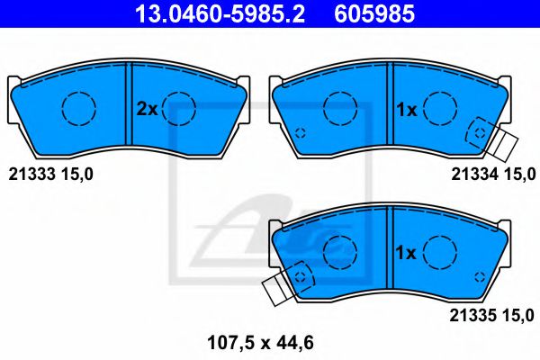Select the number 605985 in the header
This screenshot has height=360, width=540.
tap(375, 13)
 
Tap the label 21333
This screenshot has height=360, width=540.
tap(29, 173)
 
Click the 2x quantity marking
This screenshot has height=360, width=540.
tap(146, 110)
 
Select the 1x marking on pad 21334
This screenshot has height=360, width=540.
tap(406, 110)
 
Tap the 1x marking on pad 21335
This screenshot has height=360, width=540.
tap(406, 253)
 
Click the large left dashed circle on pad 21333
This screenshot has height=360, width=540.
tap(78, 109)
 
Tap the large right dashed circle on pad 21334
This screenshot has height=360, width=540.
tap(440, 109)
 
